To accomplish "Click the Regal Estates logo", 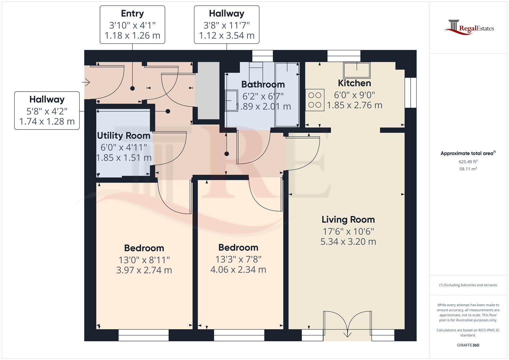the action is [x=469, y=27].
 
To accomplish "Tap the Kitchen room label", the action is [x=354, y=83].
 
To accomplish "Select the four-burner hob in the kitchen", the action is [x=315, y=100].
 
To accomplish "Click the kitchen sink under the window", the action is [x=357, y=70].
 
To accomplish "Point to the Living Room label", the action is [x=348, y=220].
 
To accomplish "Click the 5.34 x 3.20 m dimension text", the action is [x=348, y=242].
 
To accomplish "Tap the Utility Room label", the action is [x=124, y=136].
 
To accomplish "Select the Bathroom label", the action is [x=263, y=84].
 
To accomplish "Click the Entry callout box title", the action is [x=132, y=13].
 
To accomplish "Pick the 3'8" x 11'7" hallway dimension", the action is [x=227, y=25].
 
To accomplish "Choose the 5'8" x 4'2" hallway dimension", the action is [x=47, y=111].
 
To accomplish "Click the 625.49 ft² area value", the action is [x=468, y=162].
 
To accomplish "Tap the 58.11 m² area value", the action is [x=468, y=169].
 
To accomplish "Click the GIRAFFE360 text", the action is [x=468, y=345].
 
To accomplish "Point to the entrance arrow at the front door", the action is [x=86, y=82].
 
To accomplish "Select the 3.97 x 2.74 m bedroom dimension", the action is [x=144, y=270].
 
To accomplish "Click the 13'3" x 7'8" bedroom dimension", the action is [x=238, y=259].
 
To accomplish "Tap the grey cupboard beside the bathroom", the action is [x=208, y=90].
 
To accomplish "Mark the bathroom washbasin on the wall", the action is [x=231, y=100].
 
